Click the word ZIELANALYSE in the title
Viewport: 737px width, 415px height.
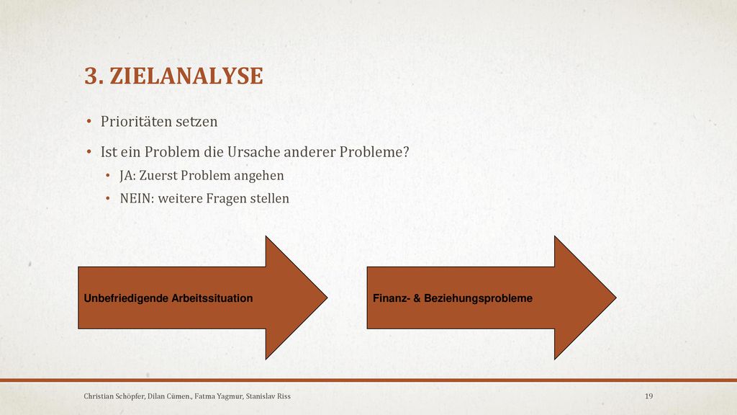[186, 76]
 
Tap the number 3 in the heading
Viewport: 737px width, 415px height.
[91, 76]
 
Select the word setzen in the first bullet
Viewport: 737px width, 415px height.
[198, 122]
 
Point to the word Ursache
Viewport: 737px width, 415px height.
[254, 152]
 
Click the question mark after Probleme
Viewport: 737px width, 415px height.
[406, 152]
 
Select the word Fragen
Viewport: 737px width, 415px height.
[226, 199]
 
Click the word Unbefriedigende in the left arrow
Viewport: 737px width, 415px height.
[126, 298]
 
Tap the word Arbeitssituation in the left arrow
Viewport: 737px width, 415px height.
[212, 298]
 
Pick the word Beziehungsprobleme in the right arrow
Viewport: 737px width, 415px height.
[479, 298]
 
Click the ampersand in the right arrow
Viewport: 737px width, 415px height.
[417, 298]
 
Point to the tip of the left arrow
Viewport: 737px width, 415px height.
[327, 298]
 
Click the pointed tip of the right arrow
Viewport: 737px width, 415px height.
[616, 298]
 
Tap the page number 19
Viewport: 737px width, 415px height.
[648, 396]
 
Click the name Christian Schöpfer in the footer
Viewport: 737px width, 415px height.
[114, 396]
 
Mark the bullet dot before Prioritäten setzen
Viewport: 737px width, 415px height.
[89, 122]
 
